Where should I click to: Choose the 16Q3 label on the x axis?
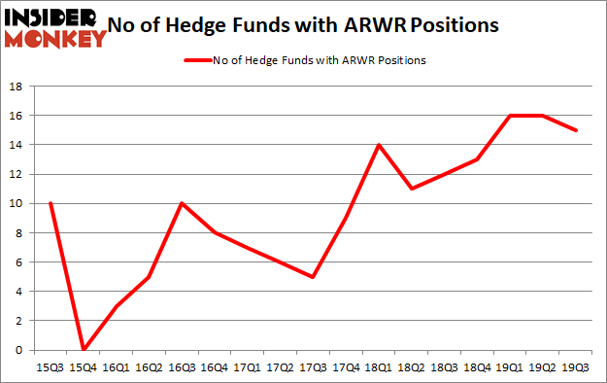pos(182,366)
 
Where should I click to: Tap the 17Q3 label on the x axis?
pos(313,366)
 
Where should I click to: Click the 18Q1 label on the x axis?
pos(379,366)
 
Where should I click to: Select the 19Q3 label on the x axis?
pos(577,366)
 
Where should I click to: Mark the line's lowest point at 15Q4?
pos(83,349)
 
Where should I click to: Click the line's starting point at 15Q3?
pos(50,203)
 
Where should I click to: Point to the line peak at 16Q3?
pos(182,203)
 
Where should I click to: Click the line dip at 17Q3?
pos(313,276)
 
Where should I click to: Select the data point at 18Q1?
pos(379,145)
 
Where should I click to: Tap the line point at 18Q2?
pos(412,189)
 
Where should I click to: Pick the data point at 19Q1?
pos(511,116)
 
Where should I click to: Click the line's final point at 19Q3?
pos(577,130)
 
